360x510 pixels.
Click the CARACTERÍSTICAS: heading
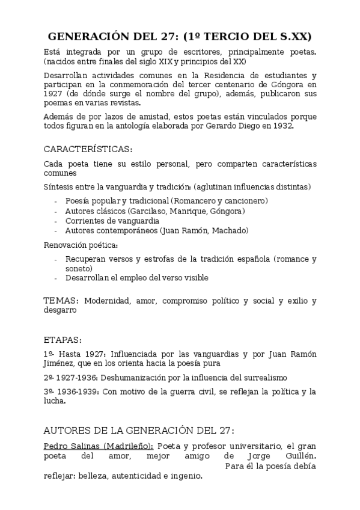(x=88, y=149)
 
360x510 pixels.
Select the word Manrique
(x=190, y=210)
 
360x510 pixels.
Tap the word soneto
(x=79, y=268)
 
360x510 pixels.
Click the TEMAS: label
(x=61, y=300)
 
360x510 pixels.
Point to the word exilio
(x=299, y=300)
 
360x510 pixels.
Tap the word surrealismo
(x=263, y=378)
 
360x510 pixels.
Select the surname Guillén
(x=298, y=456)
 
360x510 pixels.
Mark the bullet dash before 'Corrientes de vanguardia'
(x=55, y=221)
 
